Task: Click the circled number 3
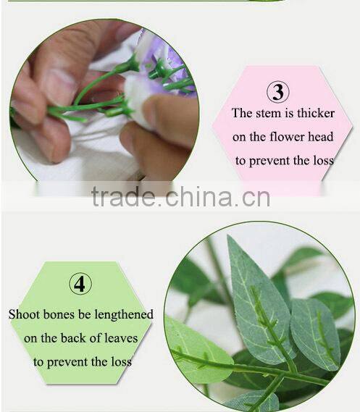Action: pos(278,92)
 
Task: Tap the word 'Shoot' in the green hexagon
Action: pos(24,314)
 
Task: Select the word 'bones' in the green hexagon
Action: pos(60,314)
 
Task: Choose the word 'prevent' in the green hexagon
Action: pos(80,361)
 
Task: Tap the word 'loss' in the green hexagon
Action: pos(120,361)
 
